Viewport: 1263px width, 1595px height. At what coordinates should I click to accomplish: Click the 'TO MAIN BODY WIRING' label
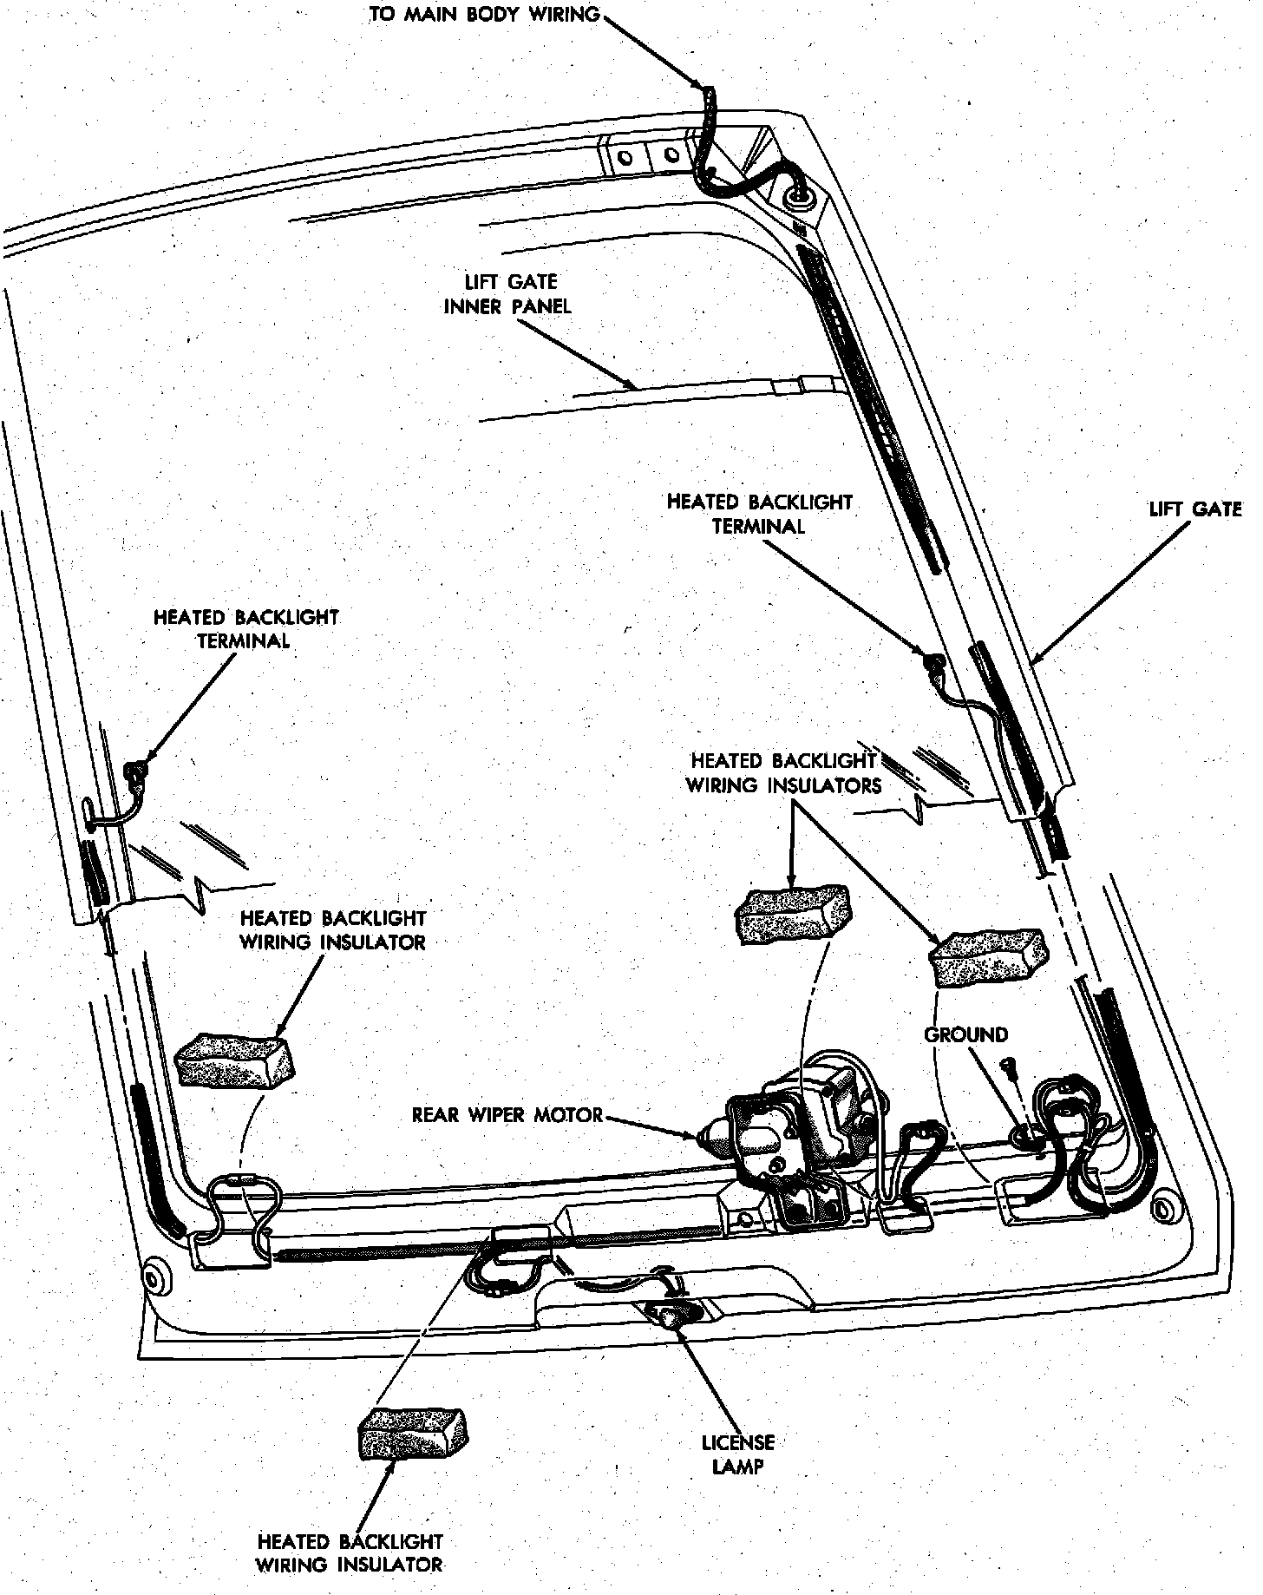pyautogui.click(x=484, y=15)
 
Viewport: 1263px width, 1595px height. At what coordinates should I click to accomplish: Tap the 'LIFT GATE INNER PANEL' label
pyautogui.click(x=507, y=294)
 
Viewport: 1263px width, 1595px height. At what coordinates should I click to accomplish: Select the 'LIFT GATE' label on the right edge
pyautogui.click(x=1194, y=509)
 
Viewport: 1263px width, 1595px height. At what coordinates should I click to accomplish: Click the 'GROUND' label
pyautogui.click(x=965, y=1034)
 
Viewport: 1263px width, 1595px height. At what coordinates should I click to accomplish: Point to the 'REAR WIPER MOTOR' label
pyautogui.click(x=507, y=1114)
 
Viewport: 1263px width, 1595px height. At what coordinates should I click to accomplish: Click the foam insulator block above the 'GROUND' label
pyautogui.click(x=987, y=956)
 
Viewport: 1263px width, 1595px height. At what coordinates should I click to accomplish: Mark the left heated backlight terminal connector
pyautogui.click(x=134, y=768)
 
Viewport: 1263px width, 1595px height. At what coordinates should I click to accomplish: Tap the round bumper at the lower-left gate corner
pyautogui.click(x=155, y=1277)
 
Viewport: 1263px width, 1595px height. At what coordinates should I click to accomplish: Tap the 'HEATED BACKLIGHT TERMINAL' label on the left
pyautogui.click(x=245, y=629)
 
